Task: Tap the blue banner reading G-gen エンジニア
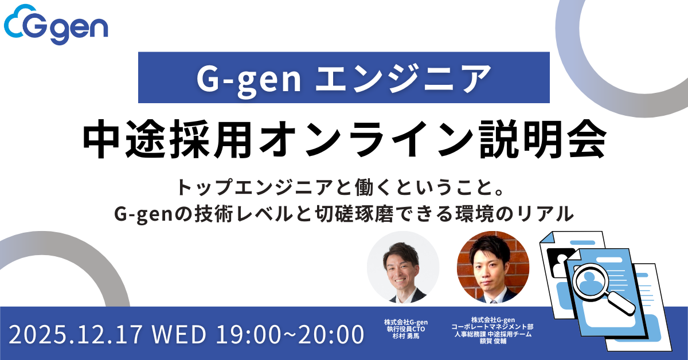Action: pos(344,78)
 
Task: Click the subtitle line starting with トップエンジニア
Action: pos(344,187)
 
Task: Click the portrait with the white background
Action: pos(403,267)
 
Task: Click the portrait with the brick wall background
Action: pos(492,267)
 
